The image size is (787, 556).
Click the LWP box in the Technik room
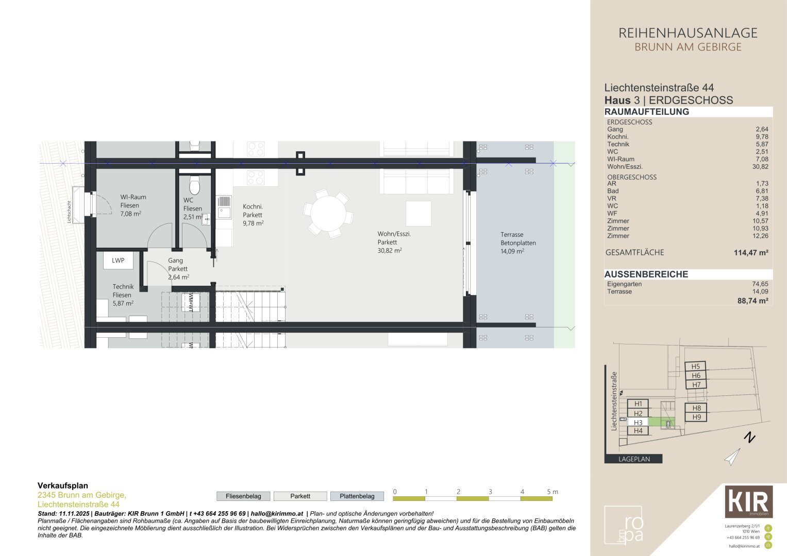point(118,260)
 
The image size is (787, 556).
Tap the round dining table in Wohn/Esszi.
point(328,213)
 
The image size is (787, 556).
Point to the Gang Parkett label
point(178,269)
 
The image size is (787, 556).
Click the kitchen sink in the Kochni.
point(224,212)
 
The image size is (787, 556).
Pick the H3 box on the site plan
point(638,422)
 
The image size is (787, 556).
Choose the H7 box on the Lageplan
point(696,385)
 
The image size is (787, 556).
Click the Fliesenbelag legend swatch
point(243,496)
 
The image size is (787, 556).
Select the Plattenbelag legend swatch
point(357,496)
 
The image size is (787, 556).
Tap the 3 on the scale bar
point(490,492)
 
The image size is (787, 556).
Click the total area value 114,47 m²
point(751,253)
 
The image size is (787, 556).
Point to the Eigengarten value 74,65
point(760,284)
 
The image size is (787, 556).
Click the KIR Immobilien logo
point(748,501)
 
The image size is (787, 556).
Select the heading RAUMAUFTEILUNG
point(646,112)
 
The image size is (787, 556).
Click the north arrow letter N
point(750,438)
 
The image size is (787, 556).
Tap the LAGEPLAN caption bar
point(633,459)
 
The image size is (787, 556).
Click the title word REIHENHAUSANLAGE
point(688,33)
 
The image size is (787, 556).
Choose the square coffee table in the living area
point(418,214)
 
